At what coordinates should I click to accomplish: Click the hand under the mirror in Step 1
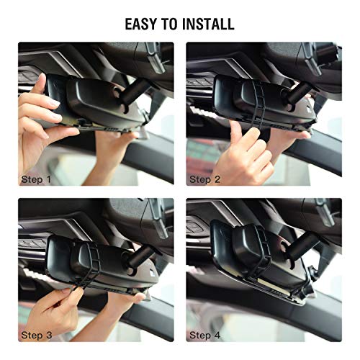coord(108,148)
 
